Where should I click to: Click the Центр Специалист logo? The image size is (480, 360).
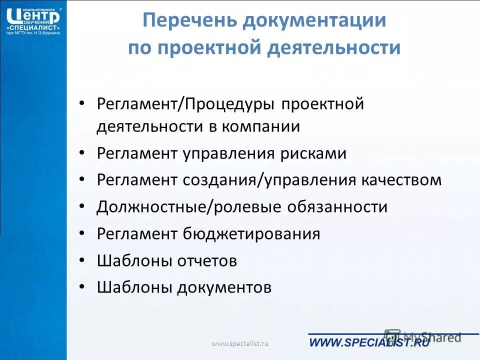click(33, 20)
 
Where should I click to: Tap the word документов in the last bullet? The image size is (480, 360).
click(224, 287)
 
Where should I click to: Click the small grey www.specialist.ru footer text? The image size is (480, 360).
click(240, 343)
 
